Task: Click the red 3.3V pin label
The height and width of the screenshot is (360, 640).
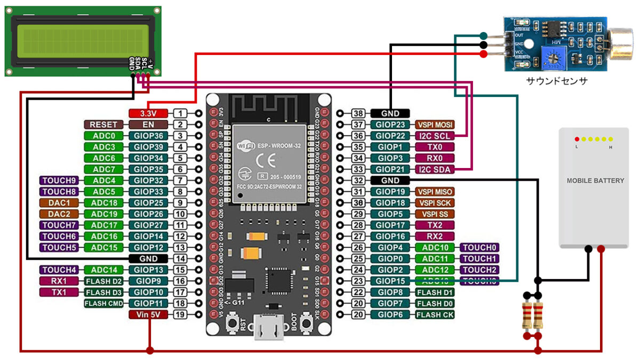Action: tap(148, 114)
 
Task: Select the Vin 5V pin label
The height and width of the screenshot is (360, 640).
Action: tap(148, 315)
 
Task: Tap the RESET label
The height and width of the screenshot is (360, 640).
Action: tap(103, 125)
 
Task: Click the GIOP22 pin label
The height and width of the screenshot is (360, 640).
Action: tap(390, 136)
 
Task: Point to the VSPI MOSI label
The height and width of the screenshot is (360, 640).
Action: tap(435, 125)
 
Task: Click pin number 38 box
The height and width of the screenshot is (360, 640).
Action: tap(358, 114)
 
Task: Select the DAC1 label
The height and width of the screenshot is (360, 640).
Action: tap(59, 203)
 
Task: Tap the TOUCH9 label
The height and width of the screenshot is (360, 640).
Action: tap(59, 181)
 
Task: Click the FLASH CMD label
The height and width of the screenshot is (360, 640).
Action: tap(103, 303)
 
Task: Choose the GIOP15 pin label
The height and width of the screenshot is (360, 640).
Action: tap(390, 281)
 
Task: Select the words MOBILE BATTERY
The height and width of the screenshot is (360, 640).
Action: tap(595, 181)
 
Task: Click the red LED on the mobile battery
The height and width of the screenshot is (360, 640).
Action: tap(577, 139)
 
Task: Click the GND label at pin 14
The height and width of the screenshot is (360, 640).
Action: tap(148, 259)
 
